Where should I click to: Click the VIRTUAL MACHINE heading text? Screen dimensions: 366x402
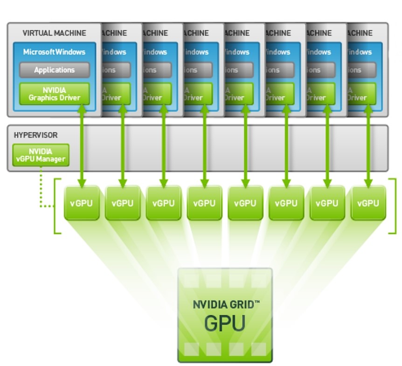click(54, 33)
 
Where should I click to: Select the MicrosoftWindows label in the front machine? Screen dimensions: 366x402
click(54, 52)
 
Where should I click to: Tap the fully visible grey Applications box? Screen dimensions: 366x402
click(54, 70)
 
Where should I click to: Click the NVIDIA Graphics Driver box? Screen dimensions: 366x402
click(54, 94)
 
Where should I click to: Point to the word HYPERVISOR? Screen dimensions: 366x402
click(36, 135)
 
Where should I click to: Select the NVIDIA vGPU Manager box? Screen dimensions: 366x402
click(41, 155)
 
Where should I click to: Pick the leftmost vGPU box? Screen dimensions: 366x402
click(82, 203)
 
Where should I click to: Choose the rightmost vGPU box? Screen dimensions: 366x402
click(368, 203)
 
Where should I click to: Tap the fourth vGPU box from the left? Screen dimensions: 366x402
click(204, 203)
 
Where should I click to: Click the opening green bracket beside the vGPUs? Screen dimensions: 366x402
click(57, 205)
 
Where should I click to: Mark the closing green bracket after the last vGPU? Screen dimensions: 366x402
click(393, 205)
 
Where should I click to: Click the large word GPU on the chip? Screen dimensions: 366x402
click(224, 323)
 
